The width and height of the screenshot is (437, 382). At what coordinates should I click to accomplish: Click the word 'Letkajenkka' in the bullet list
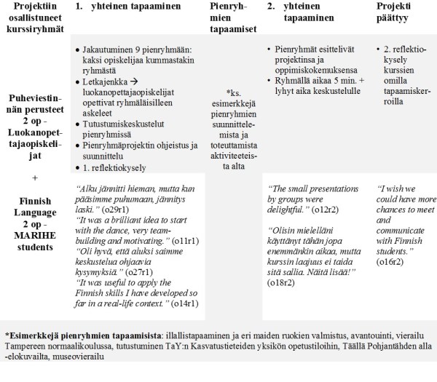[x=109, y=83]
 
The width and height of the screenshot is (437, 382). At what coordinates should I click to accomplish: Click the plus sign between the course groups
[x=35, y=178]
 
